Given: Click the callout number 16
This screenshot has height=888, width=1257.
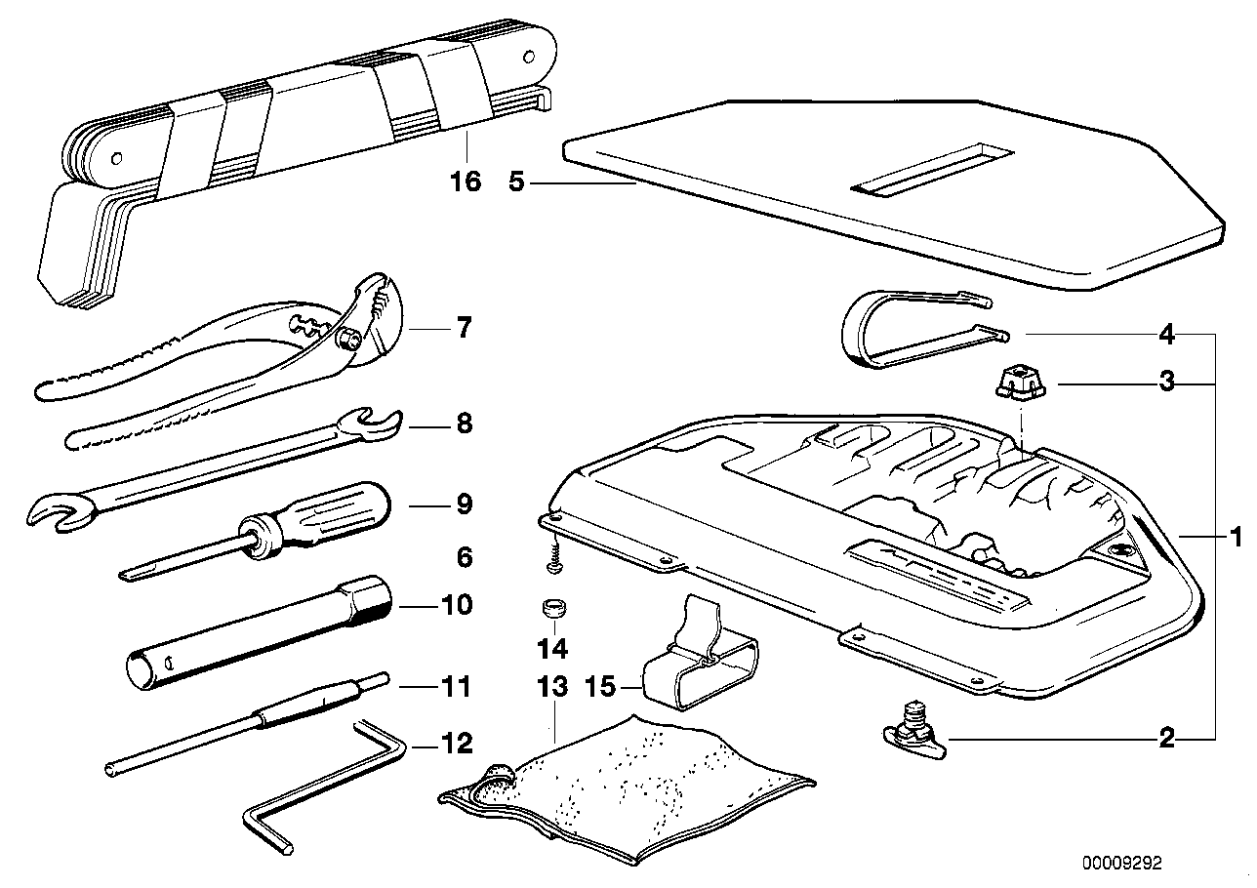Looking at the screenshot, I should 467,182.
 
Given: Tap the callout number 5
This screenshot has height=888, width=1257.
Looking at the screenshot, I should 519,182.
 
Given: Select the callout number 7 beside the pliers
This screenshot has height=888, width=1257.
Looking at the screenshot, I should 463,328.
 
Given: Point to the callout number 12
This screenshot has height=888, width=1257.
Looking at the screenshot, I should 458,745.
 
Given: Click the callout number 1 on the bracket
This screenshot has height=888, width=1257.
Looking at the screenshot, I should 1235,536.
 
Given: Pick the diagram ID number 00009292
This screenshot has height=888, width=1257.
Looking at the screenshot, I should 1121,864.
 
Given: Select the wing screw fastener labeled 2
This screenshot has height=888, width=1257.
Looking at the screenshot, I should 915,739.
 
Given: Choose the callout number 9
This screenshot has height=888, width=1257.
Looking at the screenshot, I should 464,505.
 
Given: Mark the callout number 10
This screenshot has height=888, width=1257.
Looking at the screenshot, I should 457,605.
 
